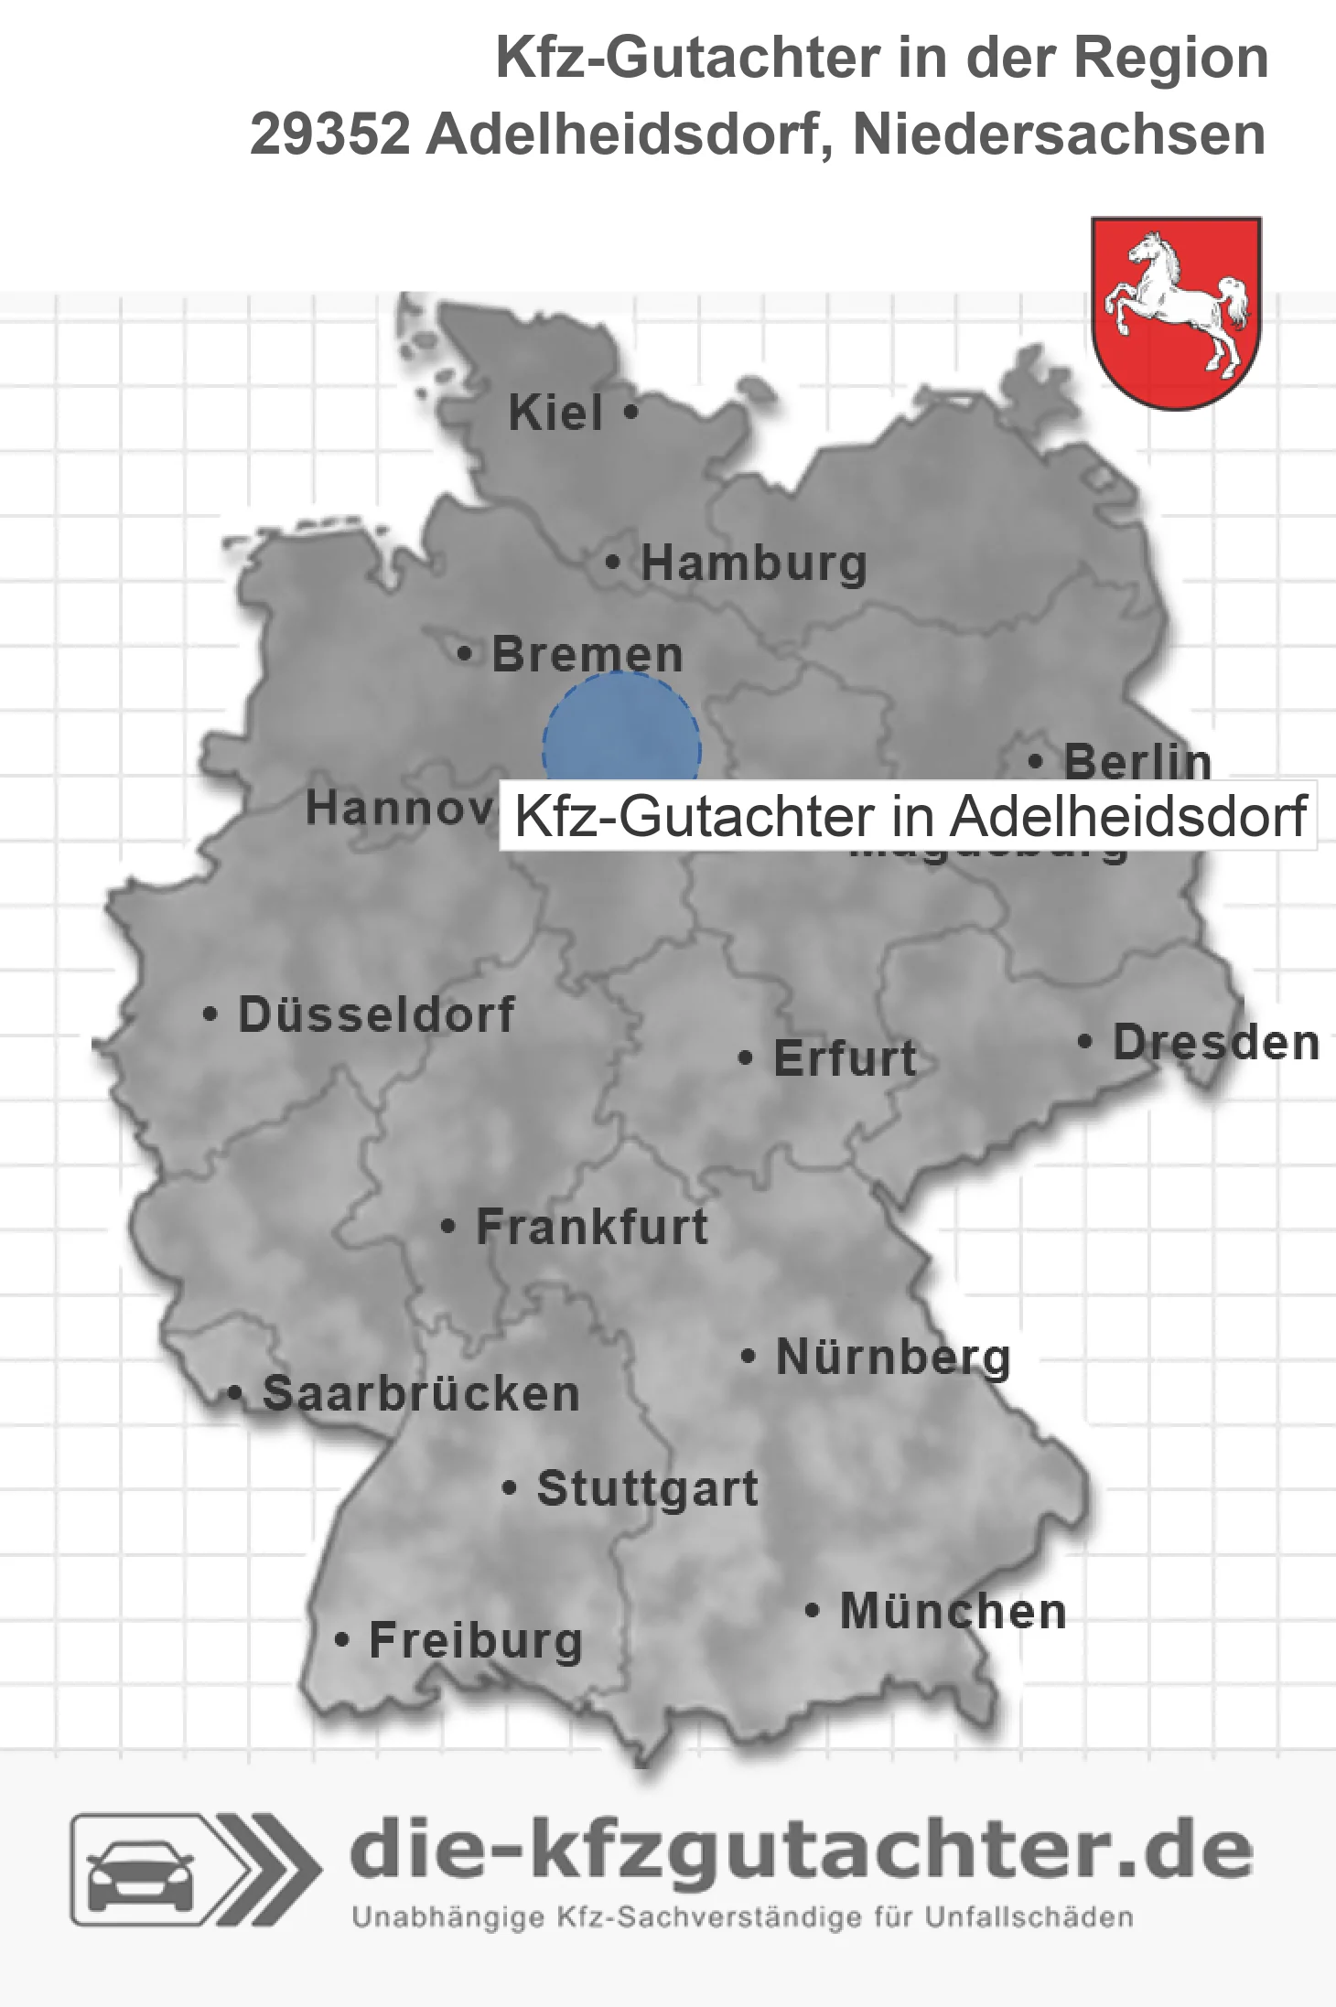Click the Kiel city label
[555, 413]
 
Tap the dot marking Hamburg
[613, 563]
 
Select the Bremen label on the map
[587, 655]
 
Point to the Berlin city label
[1137, 761]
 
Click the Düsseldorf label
[376, 1014]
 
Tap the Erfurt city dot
[746, 1059]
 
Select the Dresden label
[1215, 1043]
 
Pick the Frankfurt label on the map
[592, 1227]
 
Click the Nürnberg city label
[893, 1357]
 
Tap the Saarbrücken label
[421, 1394]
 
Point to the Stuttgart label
[647, 1488]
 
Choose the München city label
[953, 1611]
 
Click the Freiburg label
[475, 1640]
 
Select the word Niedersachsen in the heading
[1059, 134]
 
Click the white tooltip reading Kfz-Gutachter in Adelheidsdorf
[908, 816]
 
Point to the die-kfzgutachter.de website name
[801, 1851]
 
